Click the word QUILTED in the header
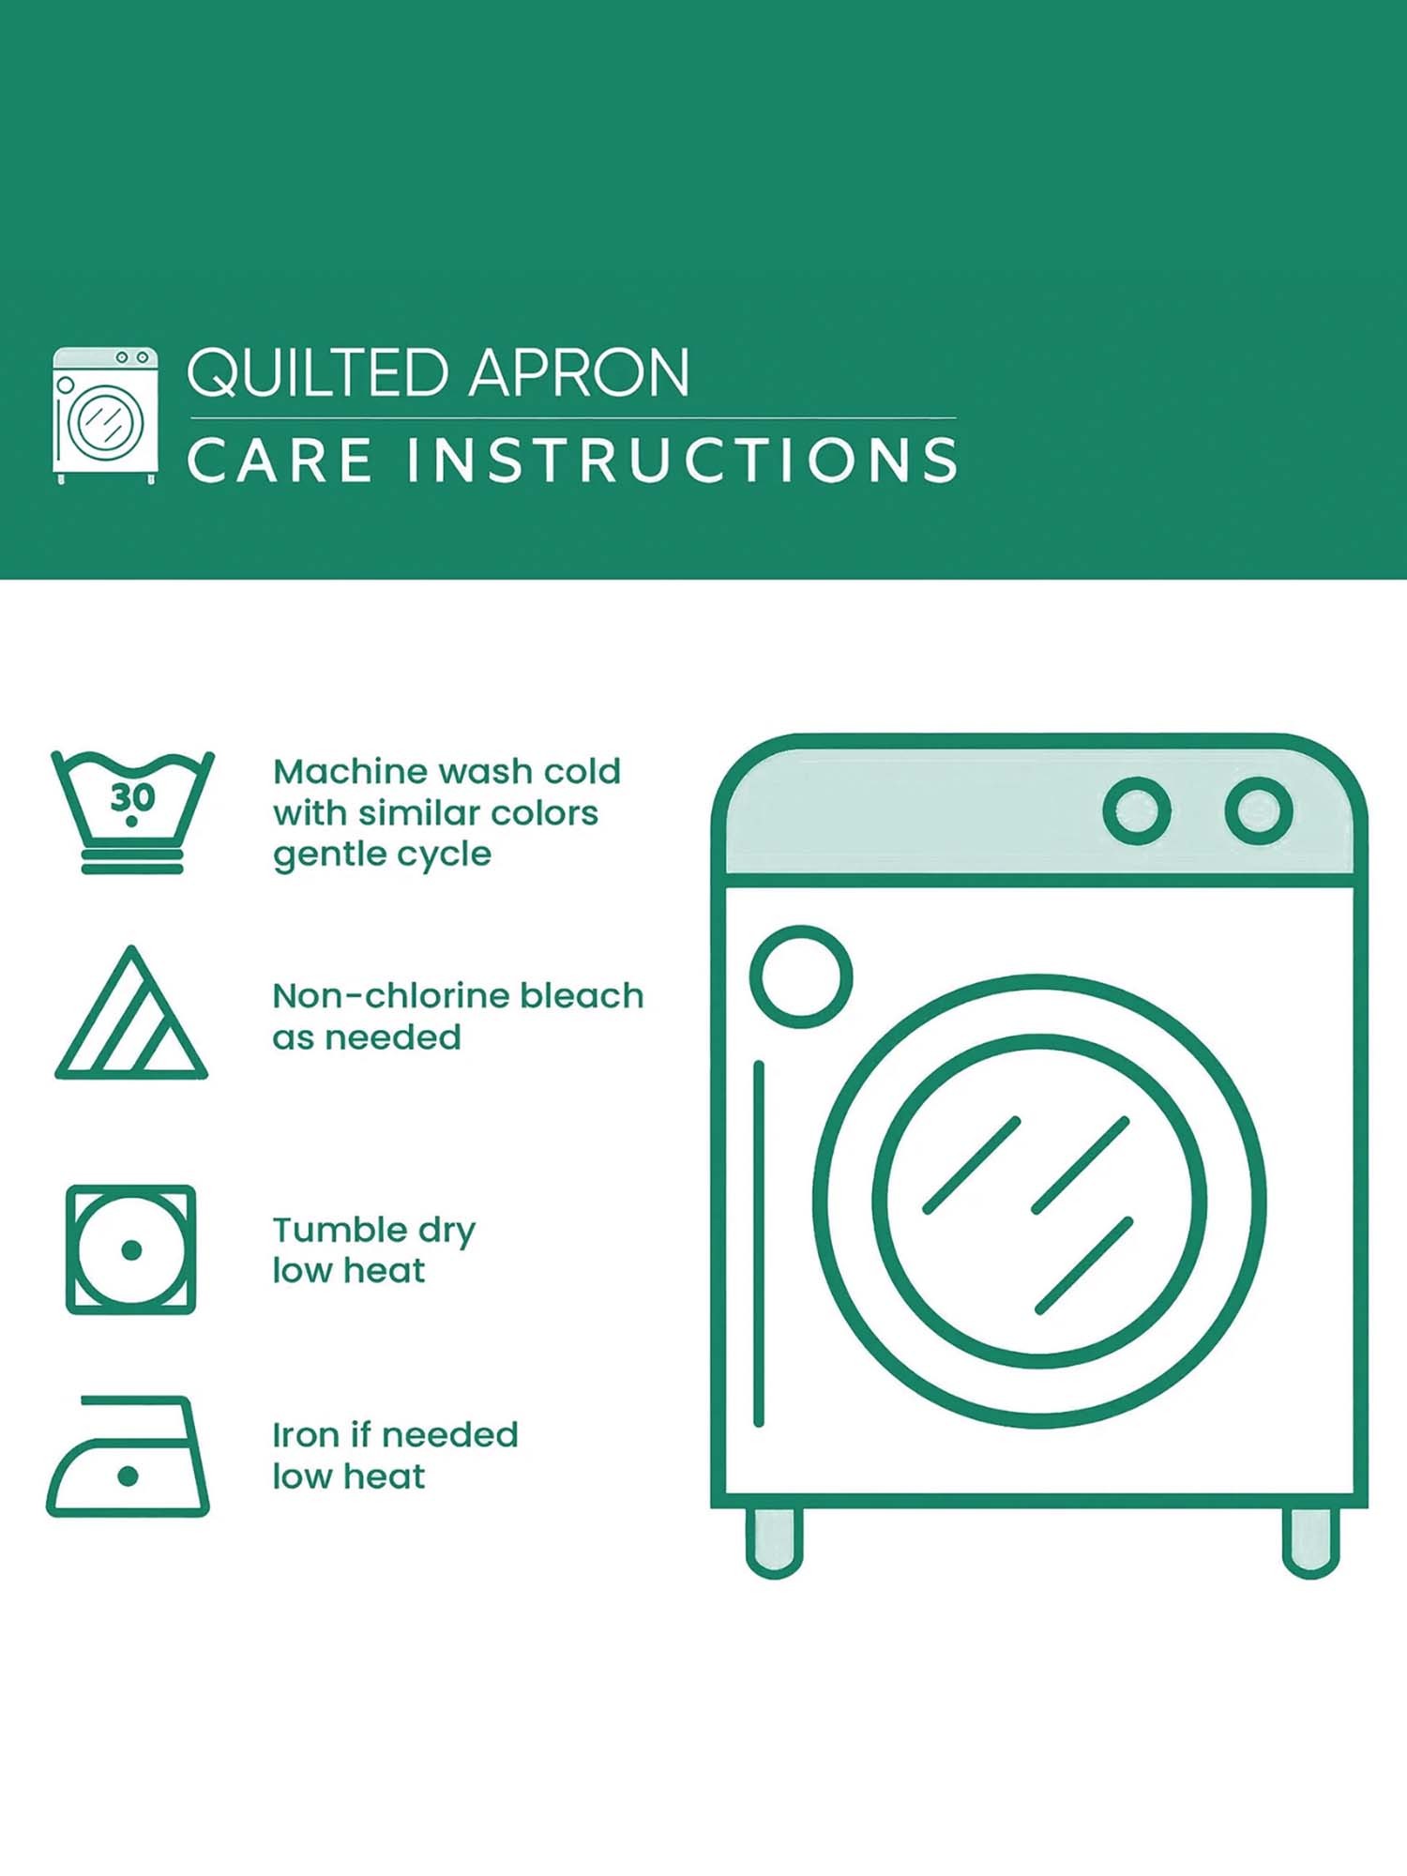[317, 374]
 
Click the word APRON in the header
[580, 372]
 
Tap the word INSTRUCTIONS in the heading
[682, 461]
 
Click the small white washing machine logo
[105, 415]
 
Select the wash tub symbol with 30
[132, 812]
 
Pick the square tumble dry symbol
[131, 1249]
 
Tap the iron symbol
[128, 1456]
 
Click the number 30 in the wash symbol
[132, 798]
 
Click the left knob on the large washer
[1137, 810]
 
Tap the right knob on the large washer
[1259, 810]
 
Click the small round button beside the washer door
[801, 976]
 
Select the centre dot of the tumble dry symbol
[131, 1249]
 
